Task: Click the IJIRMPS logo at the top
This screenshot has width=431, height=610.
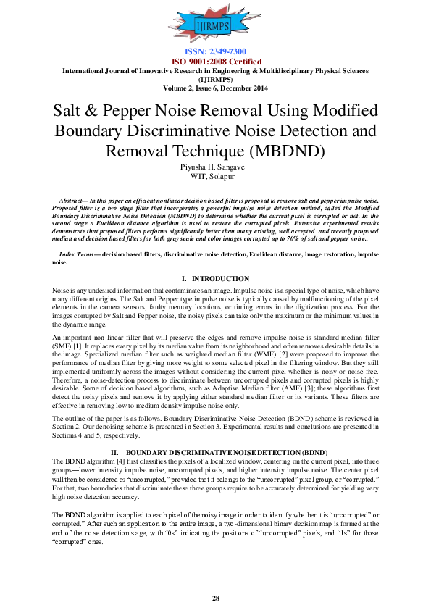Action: pyautogui.click(x=215, y=26)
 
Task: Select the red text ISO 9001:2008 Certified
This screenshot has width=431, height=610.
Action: pyautogui.click(x=215, y=62)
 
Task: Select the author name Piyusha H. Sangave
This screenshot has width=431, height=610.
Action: pyautogui.click(x=215, y=167)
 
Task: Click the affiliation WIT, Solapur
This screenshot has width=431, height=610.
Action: pyautogui.click(x=215, y=176)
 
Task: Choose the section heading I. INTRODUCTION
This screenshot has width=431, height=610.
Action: pyautogui.click(x=215, y=279)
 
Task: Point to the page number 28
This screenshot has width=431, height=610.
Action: pyautogui.click(x=215, y=598)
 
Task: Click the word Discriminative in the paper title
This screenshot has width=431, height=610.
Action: pyautogui.click(x=190, y=131)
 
